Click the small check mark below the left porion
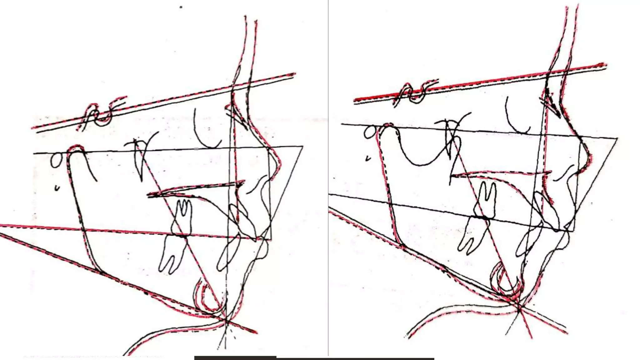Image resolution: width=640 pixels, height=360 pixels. point(57,188)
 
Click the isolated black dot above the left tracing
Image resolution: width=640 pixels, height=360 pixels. point(181,7)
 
